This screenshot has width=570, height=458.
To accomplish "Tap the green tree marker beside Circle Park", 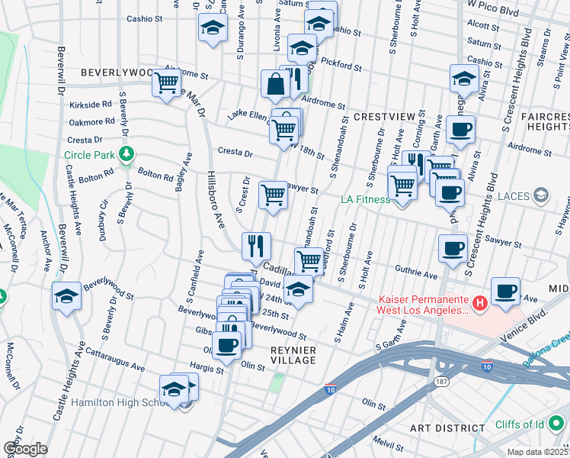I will point(126,155).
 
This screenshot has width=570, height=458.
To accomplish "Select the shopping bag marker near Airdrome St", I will point(274,85).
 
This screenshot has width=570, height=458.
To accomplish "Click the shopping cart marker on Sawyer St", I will point(274,195).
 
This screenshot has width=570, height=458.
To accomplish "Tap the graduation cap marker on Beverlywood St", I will point(66,295).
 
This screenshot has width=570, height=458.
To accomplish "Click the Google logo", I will point(24,449).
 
